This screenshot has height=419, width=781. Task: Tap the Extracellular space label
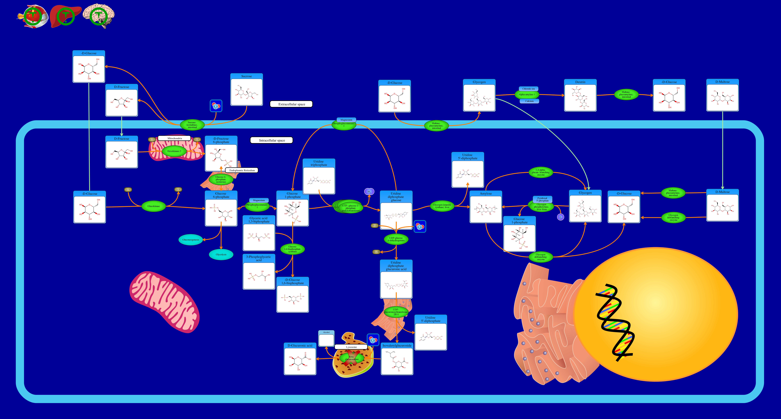tap(291, 104)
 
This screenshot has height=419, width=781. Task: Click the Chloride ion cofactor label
tap(528, 89)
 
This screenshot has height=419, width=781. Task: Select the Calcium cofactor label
tap(529, 101)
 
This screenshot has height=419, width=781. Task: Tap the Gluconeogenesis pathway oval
tap(191, 240)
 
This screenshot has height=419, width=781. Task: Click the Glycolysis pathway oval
tap(221, 255)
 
